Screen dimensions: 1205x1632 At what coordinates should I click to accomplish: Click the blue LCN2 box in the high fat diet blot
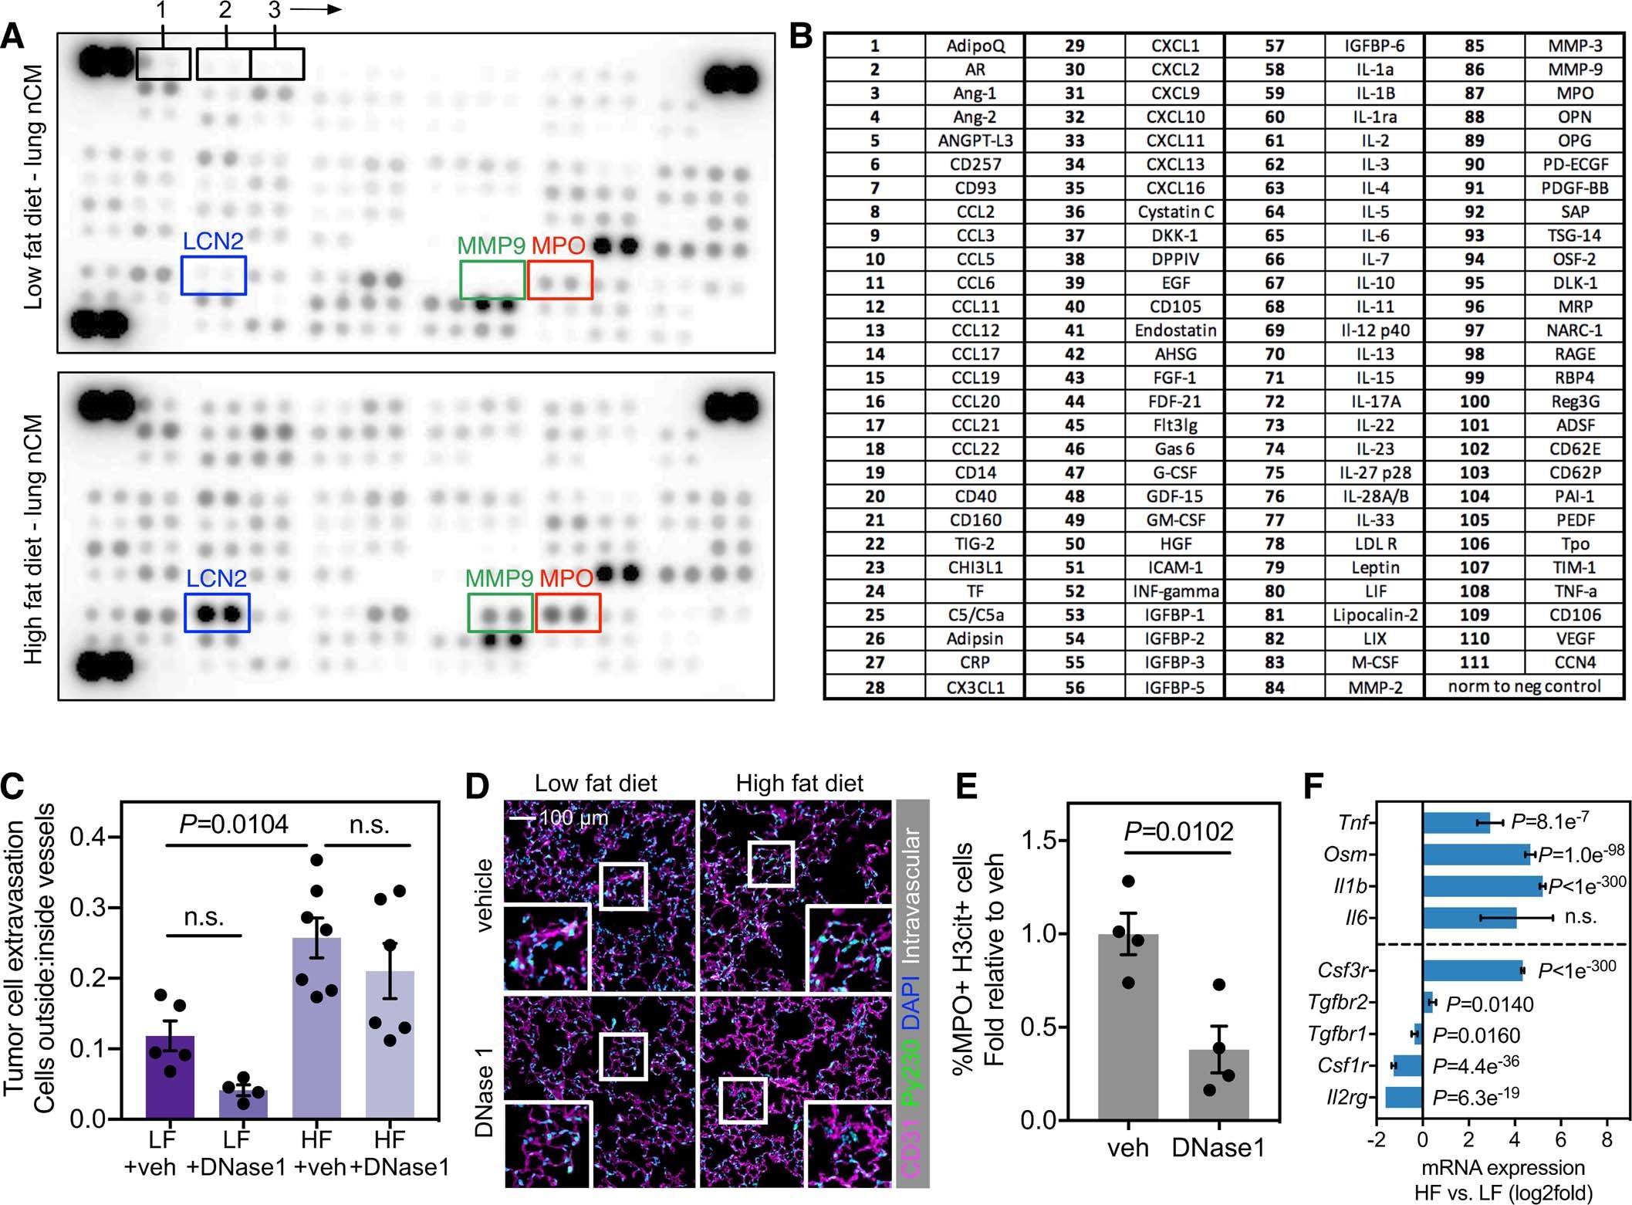point(217,613)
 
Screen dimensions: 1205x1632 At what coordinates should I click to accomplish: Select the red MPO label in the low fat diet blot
point(558,245)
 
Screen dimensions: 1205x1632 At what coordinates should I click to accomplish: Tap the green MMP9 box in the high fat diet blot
point(500,613)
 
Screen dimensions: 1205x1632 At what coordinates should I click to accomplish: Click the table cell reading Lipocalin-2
point(1374,614)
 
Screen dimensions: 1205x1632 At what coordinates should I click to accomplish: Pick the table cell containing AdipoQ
point(975,46)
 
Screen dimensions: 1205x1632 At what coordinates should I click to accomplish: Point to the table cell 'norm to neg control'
point(1524,686)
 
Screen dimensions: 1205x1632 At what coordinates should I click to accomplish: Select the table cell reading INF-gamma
point(1175,591)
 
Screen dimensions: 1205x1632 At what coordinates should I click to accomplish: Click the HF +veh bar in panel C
point(316,1027)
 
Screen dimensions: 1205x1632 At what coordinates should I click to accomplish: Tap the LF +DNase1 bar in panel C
point(243,1104)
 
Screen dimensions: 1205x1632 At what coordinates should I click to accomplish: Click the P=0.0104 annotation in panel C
point(233,824)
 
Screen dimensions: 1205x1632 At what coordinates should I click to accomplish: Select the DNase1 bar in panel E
point(1218,1084)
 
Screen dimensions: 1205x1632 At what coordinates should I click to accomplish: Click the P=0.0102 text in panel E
point(1178,831)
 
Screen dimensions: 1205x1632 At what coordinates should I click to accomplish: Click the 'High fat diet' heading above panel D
point(799,784)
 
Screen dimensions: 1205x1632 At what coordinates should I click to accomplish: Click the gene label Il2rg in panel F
point(1346,1097)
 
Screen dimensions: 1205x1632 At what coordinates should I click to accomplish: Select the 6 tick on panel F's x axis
point(1560,1140)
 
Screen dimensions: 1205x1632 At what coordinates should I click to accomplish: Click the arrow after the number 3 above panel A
point(316,10)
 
